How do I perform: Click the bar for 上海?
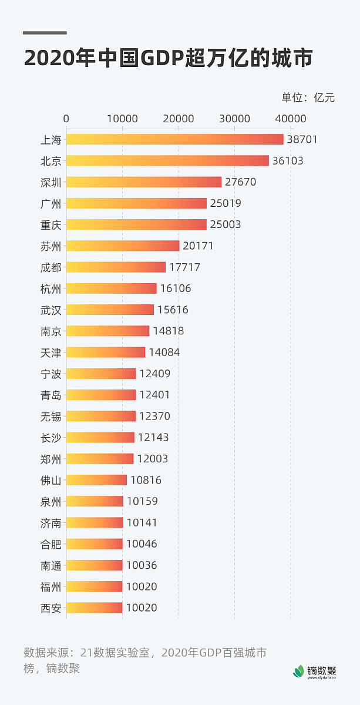point(174,139)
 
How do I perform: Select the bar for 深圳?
point(143,182)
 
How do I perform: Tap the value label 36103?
point(288,161)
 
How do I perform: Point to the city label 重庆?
point(51,225)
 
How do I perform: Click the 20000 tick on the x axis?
point(179,119)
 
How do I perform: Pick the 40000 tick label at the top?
point(291,119)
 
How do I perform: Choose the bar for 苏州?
point(122,246)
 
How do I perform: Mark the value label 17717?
point(184,267)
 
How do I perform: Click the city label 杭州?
point(51,288)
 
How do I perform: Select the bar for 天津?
point(105,352)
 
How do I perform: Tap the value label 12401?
point(154,395)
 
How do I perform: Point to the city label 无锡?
point(51,417)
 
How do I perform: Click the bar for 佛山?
point(96,480)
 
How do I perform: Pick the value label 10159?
point(142,502)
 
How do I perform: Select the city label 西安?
point(51,608)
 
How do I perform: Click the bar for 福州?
point(94,586)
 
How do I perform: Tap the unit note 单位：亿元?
point(308,98)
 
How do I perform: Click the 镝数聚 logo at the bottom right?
point(315,670)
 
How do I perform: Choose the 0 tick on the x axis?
point(66,119)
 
